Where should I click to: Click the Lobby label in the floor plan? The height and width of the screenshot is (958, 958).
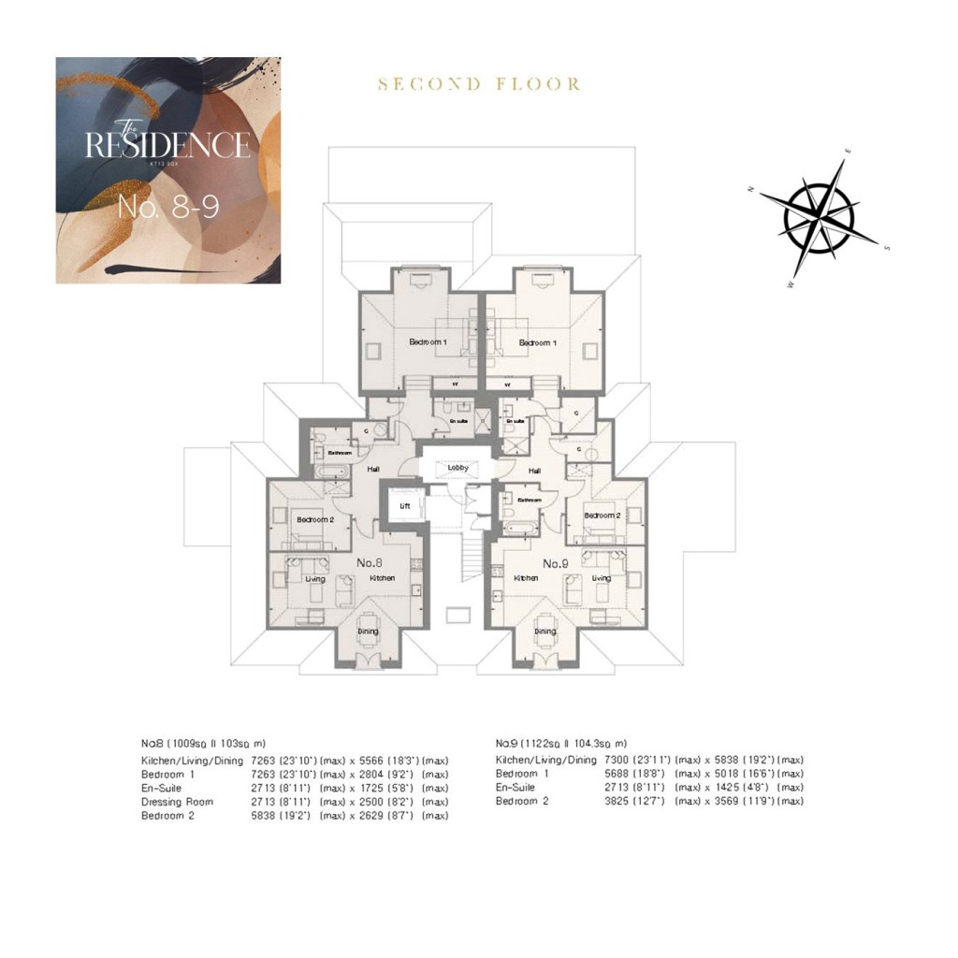pos(457,467)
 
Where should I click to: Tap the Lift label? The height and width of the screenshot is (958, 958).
pos(405,505)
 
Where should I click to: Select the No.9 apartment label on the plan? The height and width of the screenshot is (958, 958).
pos(556,563)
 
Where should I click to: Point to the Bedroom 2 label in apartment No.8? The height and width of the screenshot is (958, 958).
pos(315,519)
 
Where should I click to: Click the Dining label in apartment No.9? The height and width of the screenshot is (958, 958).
pos(544,631)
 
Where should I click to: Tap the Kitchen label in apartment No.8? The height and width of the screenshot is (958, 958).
pos(382,579)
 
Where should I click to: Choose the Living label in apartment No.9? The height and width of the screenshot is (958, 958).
pos(601,578)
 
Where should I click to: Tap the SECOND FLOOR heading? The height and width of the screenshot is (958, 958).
pos(479,84)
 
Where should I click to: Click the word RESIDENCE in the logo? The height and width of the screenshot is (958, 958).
pos(167,145)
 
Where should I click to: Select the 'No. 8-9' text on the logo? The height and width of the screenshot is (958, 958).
pos(168,207)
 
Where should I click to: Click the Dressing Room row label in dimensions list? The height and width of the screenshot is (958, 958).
pos(177,802)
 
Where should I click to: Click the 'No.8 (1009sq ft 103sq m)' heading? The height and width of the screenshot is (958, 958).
pos(203,743)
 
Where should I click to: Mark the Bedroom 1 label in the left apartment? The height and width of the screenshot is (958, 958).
pos(428,342)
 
